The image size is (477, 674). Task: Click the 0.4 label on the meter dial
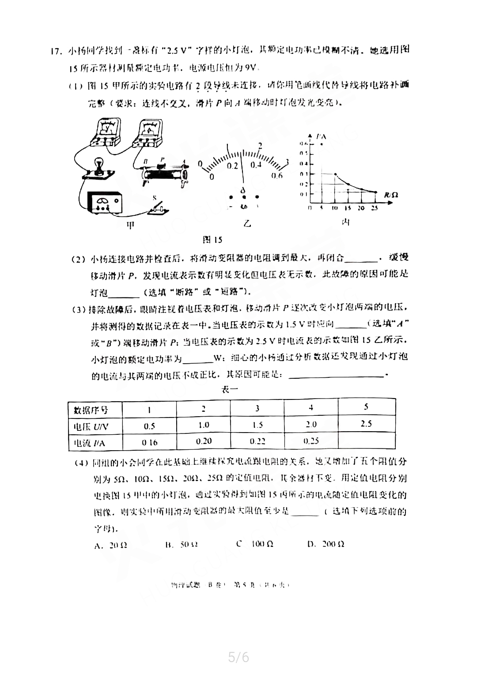(256, 165)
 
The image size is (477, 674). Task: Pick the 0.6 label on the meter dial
(277, 176)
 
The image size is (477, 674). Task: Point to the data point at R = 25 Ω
(375, 192)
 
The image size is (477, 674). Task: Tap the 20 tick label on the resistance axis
(361, 208)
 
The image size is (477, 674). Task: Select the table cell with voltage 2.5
(366, 424)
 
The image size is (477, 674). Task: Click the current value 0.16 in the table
(150, 442)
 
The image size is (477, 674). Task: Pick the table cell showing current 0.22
(257, 441)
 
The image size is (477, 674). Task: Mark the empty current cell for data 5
(366, 441)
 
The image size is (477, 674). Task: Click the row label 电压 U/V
(91, 426)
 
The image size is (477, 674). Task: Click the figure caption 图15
(212, 240)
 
